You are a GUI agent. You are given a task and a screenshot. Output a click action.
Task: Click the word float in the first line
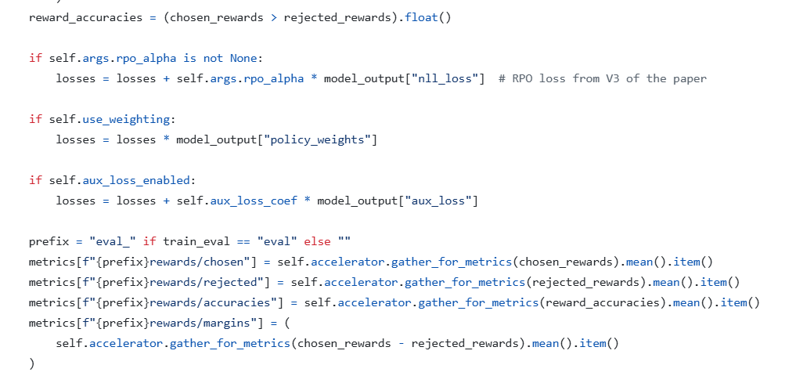(x=422, y=17)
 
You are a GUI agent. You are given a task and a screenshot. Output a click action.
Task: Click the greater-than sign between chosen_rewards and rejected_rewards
(x=273, y=17)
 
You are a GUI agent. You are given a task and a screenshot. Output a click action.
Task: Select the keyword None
(x=248, y=58)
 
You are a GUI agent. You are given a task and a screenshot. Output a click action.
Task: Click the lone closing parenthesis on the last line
(x=32, y=363)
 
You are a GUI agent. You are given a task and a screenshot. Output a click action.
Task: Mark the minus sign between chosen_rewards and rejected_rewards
(x=401, y=343)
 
